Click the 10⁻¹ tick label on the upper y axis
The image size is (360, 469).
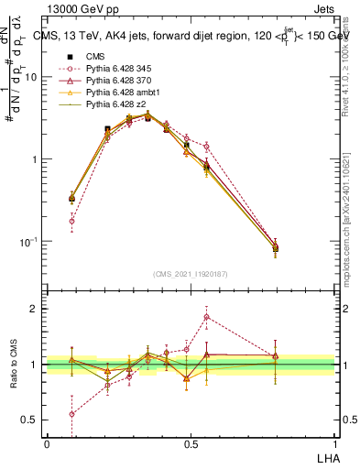click(29, 241)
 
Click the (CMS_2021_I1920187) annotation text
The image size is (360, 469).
click(191, 273)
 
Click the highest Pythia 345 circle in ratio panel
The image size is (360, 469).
click(207, 318)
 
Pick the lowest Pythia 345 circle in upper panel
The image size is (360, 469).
click(72, 221)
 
